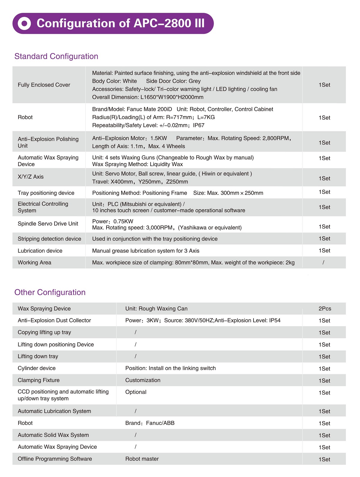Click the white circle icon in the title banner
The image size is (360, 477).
24,23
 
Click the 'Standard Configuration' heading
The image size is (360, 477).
56,56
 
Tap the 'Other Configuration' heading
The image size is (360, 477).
50,292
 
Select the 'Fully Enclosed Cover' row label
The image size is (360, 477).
44,85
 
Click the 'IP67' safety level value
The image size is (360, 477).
199,125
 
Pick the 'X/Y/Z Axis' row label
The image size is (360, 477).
31,177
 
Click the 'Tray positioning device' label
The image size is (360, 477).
46,193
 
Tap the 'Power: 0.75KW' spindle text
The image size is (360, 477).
113,221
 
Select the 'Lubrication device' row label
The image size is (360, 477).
40,251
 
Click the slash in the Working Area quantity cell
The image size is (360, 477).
323,262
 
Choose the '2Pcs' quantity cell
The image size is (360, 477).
325,309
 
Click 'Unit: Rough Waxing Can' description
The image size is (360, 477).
156,309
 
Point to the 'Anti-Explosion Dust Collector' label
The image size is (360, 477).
54,320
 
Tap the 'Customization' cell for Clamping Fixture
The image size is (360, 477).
143,380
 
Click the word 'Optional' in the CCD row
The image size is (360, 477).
136,392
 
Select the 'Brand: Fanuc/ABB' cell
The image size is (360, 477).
150,423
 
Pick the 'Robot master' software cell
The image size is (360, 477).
142,459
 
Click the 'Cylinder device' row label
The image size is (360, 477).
37,368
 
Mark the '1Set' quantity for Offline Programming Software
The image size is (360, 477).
324,459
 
